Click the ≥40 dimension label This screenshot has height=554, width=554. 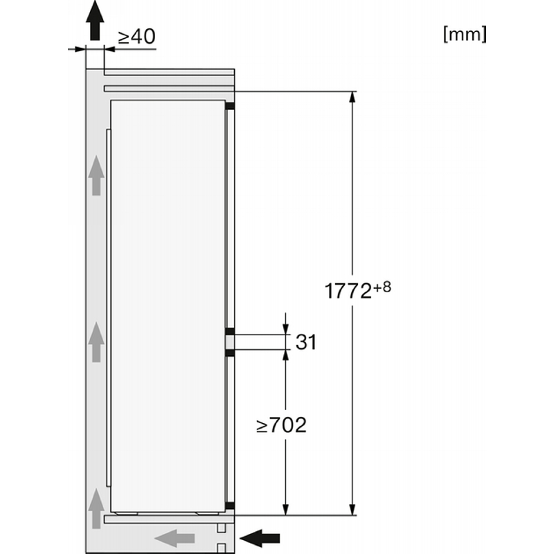point(136,37)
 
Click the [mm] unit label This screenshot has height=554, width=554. point(465,34)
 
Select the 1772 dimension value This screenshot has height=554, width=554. point(348,291)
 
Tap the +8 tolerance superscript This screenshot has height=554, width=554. point(382,287)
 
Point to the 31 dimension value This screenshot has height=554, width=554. point(306,341)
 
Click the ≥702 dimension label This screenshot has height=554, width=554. point(282,425)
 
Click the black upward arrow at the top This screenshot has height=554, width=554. point(95,20)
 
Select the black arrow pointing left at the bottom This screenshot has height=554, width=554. point(260,539)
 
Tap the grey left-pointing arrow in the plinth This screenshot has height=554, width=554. point(175,539)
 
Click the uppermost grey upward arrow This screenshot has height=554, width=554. point(96,176)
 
